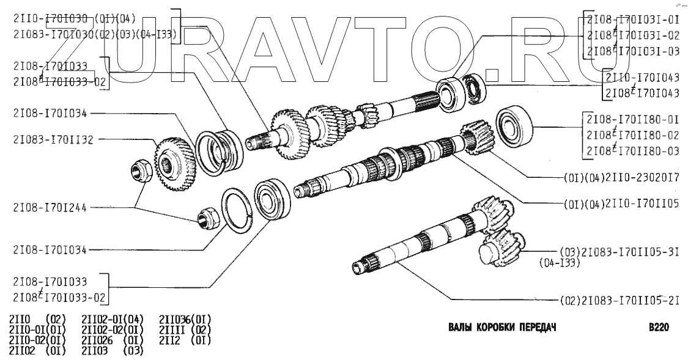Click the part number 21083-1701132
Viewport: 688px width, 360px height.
[53, 140]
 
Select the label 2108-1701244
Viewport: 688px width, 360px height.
[50, 207]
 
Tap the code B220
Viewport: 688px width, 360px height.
[658, 327]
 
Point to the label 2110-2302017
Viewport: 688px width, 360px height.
[618, 180]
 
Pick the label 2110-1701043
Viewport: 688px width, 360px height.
[642, 79]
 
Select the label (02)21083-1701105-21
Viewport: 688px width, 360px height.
[619, 301]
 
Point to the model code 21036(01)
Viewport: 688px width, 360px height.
[185, 319]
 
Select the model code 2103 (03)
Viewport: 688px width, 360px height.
[112, 350]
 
